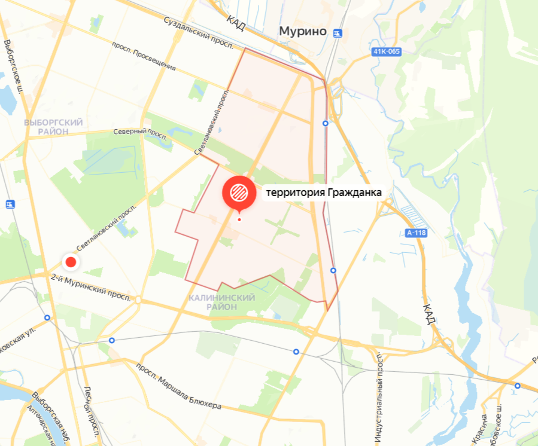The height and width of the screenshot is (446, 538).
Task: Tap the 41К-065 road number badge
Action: [386, 51]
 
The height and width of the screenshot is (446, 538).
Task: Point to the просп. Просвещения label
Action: [144, 57]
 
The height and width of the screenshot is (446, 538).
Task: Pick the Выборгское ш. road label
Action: [13, 66]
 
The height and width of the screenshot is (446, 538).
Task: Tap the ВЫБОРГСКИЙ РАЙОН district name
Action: [53, 126]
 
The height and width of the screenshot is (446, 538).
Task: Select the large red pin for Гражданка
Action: [239, 192]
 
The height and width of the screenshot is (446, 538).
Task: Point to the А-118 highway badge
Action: [415, 233]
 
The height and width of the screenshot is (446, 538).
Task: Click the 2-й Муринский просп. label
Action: [90, 288]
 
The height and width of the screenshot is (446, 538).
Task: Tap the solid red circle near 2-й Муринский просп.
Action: [71, 262]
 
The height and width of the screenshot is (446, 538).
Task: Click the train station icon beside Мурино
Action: [339, 33]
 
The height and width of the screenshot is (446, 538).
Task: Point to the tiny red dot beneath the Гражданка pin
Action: [239, 219]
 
